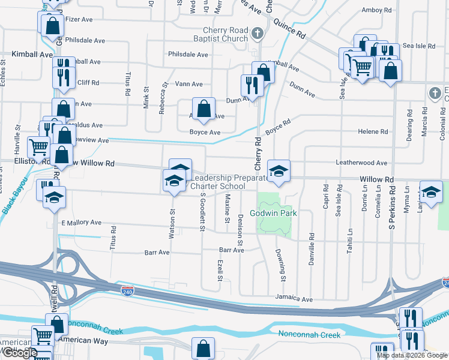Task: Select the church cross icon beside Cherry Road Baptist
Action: [258, 33]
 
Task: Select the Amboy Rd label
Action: [376, 10]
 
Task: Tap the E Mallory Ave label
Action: [82, 223]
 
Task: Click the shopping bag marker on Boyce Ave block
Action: [204, 109]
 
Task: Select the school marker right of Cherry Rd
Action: [279, 172]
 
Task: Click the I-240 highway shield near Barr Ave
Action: [127, 290]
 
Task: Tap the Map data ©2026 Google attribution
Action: [412, 355]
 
